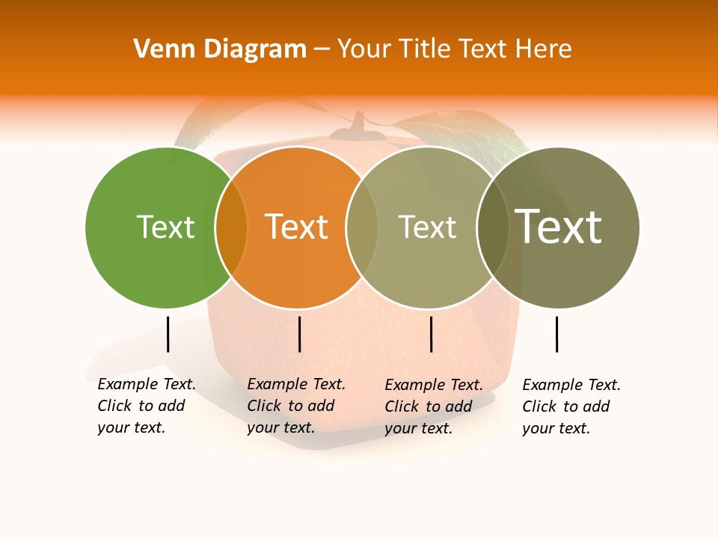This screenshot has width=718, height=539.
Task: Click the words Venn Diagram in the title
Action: [220, 49]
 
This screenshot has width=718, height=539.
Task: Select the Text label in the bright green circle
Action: [165, 227]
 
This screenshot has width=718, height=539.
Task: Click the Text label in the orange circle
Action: [296, 227]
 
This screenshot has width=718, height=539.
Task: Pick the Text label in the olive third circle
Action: [427, 227]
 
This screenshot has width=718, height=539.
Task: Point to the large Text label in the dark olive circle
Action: [558, 227]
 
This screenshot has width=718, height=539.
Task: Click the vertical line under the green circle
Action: [168, 334]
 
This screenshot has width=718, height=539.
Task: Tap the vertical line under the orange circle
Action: [299, 334]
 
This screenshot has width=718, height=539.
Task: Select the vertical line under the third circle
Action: [432, 334]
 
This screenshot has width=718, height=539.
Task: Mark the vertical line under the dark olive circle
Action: [557, 334]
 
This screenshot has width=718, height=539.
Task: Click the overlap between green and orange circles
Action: [231, 228]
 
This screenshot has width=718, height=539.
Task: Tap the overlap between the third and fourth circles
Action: [493, 228]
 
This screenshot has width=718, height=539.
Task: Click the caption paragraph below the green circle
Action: [146, 406]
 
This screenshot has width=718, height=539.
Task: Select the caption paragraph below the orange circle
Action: [295, 406]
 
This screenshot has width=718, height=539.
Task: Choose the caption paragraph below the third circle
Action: [433, 406]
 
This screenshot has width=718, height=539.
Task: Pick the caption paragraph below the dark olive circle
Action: [571, 406]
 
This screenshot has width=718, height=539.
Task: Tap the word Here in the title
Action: [544, 49]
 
